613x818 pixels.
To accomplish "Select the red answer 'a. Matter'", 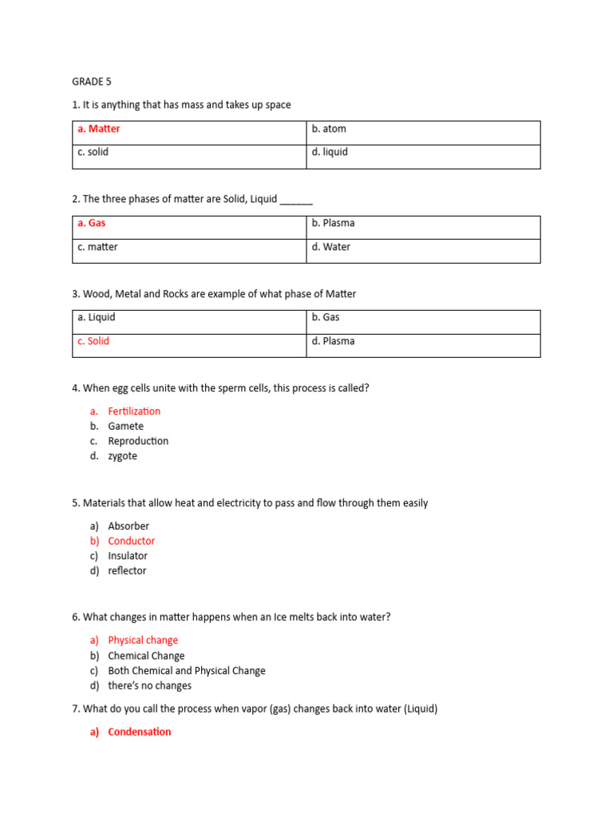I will coord(99,129).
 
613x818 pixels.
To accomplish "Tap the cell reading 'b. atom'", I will coord(329,129).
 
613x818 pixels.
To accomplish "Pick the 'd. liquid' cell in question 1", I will coord(330,152).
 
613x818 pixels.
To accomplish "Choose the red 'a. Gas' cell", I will coord(92,224).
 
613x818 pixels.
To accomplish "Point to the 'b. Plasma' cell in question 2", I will coord(331,224).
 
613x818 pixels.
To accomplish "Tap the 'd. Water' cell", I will coord(331,247).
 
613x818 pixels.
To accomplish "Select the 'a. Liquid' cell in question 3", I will coord(97,317).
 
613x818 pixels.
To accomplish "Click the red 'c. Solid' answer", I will coord(93,341).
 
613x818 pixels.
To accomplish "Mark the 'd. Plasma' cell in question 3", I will coord(334,341).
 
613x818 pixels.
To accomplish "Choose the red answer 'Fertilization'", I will coord(134,411).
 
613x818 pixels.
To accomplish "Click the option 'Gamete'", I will coord(126,427).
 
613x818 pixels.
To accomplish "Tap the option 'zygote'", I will coord(123,456).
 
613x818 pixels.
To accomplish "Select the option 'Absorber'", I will coord(129,526).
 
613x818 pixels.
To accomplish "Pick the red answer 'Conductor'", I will coord(132,541).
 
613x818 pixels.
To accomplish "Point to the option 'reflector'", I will coord(128,571).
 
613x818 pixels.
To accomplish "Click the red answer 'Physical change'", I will coord(143,641).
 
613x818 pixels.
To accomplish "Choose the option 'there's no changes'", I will coord(150,685).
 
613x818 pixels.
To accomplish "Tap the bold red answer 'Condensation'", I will coord(140,732).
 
